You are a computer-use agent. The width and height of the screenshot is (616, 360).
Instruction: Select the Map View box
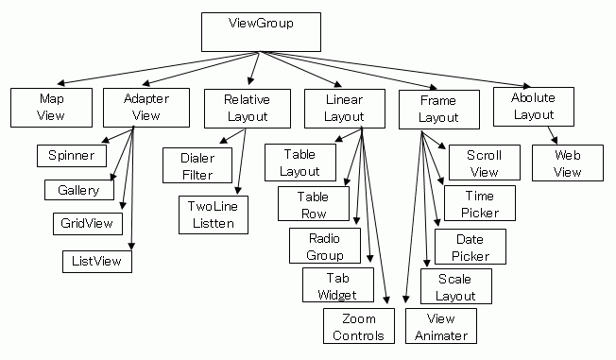pos(52,107)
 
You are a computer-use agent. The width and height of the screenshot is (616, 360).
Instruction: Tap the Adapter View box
pos(145,107)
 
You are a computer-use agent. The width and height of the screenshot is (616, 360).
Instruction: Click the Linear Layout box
pos(344,108)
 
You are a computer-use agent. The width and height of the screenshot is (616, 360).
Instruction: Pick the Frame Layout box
pos(438,109)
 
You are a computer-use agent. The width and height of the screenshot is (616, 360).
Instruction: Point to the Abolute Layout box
pos(533,106)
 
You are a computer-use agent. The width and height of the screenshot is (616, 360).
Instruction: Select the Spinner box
pos(71,154)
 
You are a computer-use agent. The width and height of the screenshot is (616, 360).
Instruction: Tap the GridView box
pos(87,224)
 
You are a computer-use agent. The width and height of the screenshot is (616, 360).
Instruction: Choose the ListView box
pos(95,259)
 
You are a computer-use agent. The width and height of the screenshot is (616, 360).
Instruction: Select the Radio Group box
pos(325,246)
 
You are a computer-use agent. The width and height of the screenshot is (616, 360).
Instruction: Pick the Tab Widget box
pos(337,285)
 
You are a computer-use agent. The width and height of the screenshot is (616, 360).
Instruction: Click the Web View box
pos(567,162)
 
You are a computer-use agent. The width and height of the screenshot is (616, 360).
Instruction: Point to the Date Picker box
pos(470,247)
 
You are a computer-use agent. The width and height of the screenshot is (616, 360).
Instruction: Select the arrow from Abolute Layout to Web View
pos(549,134)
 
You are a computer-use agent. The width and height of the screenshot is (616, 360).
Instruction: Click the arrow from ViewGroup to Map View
pos(142,67)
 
